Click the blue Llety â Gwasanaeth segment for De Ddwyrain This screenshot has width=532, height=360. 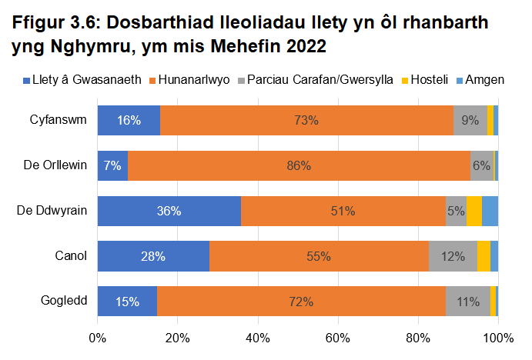(x=169, y=211)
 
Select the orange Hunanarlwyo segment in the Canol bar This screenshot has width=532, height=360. (x=319, y=256)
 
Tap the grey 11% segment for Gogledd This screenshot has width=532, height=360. (x=468, y=301)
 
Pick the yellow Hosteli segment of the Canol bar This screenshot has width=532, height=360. (x=483, y=256)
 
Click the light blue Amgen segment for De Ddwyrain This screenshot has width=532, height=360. (x=490, y=211)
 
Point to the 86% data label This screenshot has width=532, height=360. (x=299, y=166)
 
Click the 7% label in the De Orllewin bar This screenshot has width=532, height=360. (x=112, y=166)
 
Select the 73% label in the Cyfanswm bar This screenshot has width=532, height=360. (x=306, y=121)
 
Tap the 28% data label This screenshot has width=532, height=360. (x=153, y=256)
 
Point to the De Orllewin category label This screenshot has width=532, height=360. (x=55, y=166)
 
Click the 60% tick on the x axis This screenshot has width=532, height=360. (x=338, y=338)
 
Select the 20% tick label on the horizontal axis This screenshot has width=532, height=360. (x=178, y=338)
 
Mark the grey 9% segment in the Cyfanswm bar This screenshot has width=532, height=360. (x=470, y=121)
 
